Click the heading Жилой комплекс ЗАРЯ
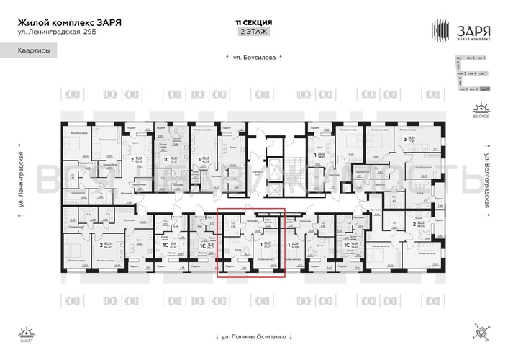click(69, 22)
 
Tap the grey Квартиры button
click(32, 52)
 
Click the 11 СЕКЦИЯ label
click(253, 23)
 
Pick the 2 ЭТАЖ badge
click(253, 32)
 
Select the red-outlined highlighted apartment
click(251, 243)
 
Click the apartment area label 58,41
click(320, 153)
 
